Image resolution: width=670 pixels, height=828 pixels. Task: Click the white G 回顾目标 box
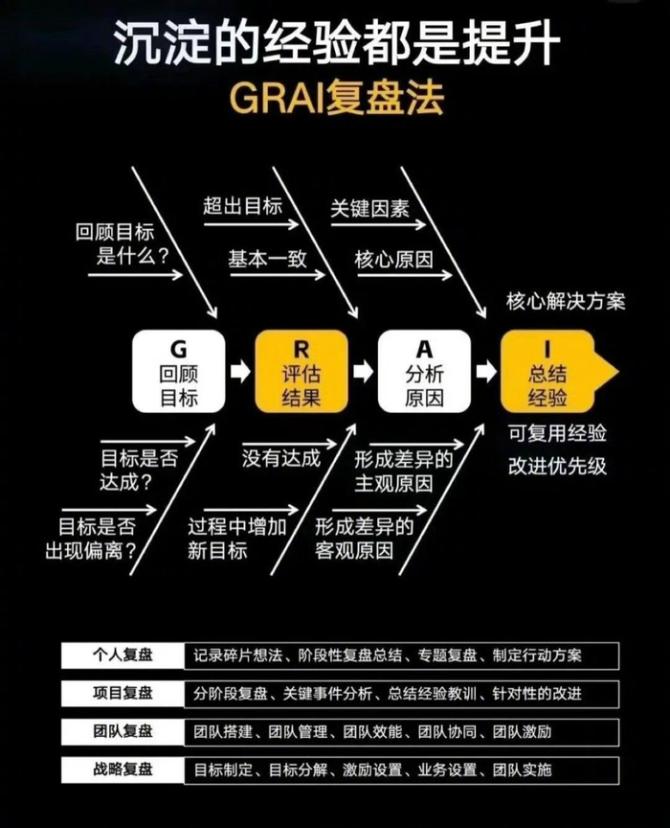179,371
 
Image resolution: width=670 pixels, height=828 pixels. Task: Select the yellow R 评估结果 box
301,371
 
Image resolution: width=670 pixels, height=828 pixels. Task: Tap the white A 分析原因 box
424,371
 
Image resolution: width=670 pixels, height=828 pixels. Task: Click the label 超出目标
242,206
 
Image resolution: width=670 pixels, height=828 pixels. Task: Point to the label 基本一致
267,259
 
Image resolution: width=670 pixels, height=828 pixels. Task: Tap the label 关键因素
369,208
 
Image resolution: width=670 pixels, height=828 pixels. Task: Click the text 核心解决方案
566,302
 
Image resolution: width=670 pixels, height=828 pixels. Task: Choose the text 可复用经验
557,433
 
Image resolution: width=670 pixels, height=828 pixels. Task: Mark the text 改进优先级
557,467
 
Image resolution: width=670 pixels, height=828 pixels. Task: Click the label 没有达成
280,458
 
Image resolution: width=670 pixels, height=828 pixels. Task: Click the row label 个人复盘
123,655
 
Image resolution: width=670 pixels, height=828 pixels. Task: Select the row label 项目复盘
123,693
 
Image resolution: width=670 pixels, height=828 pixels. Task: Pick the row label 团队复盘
123,731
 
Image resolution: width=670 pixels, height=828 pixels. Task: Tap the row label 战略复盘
123,769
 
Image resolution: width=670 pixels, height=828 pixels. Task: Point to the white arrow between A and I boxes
486,371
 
